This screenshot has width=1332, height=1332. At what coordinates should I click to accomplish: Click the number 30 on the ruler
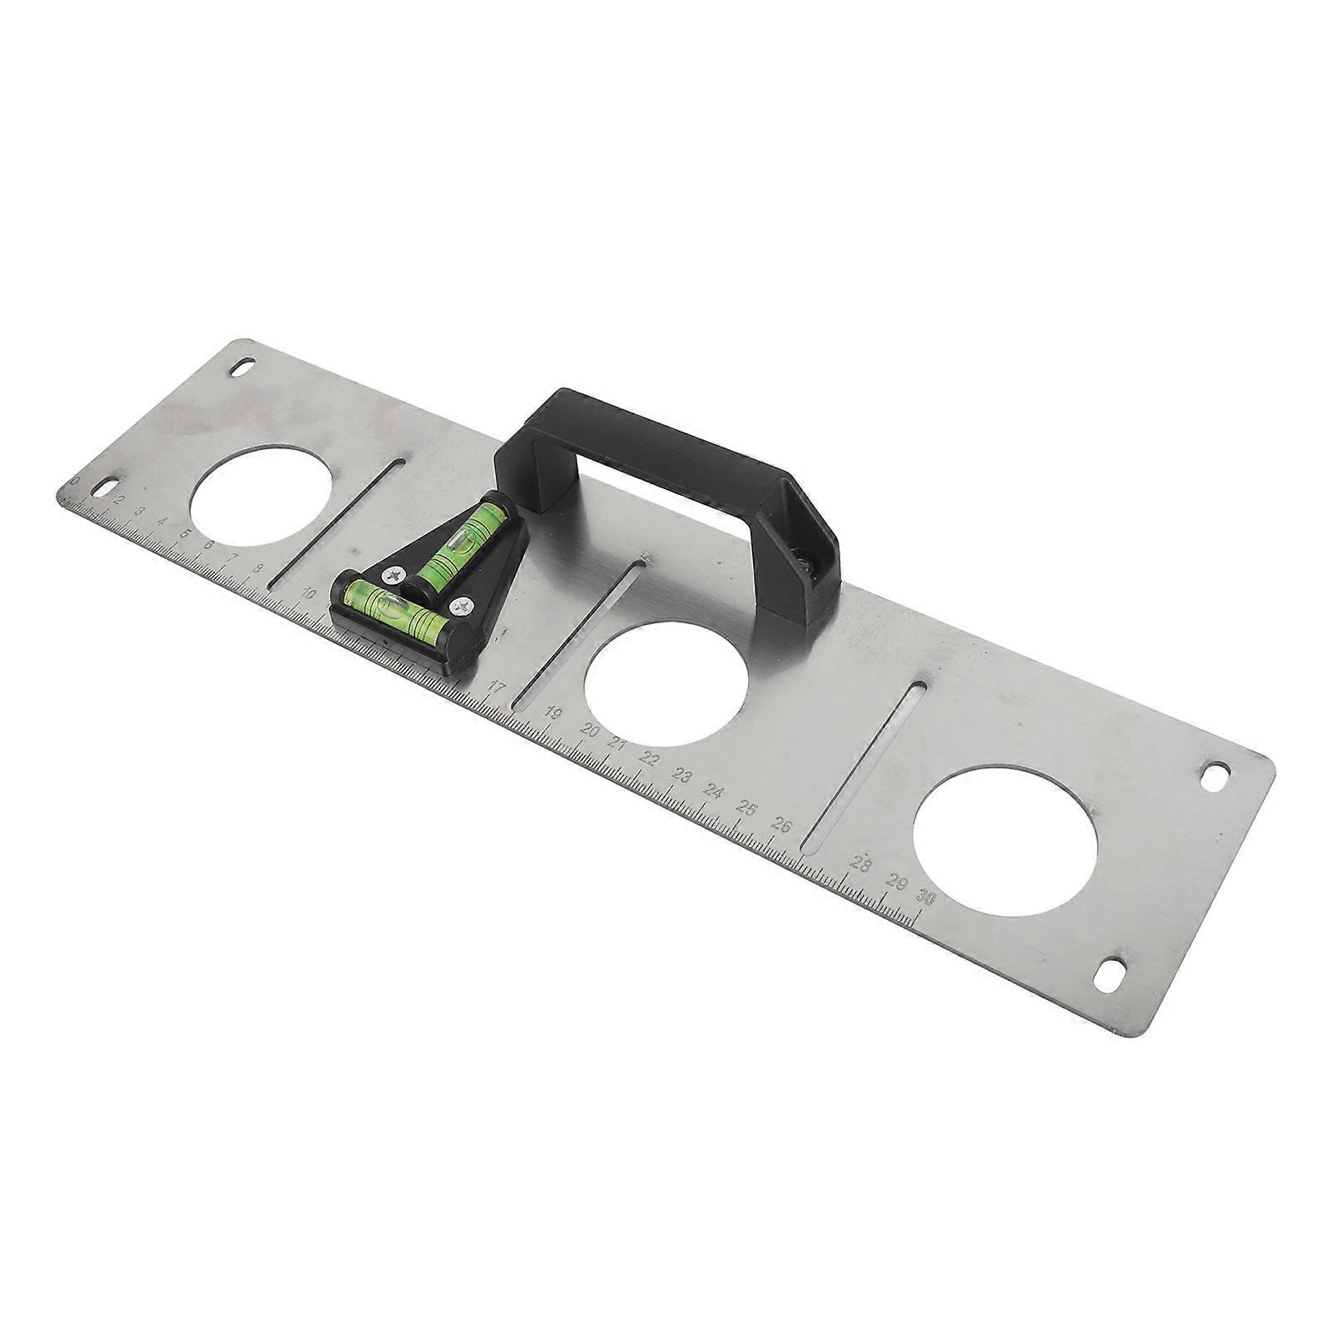(x=926, y=898)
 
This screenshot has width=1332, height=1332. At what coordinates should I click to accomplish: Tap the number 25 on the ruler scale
(x=746, y=809)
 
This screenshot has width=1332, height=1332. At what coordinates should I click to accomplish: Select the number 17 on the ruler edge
(x=497, y=687)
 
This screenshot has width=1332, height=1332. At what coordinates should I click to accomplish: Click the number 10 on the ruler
(x=309, y=593)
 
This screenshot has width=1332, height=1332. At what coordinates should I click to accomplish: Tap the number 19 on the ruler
(x=552, y=713)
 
